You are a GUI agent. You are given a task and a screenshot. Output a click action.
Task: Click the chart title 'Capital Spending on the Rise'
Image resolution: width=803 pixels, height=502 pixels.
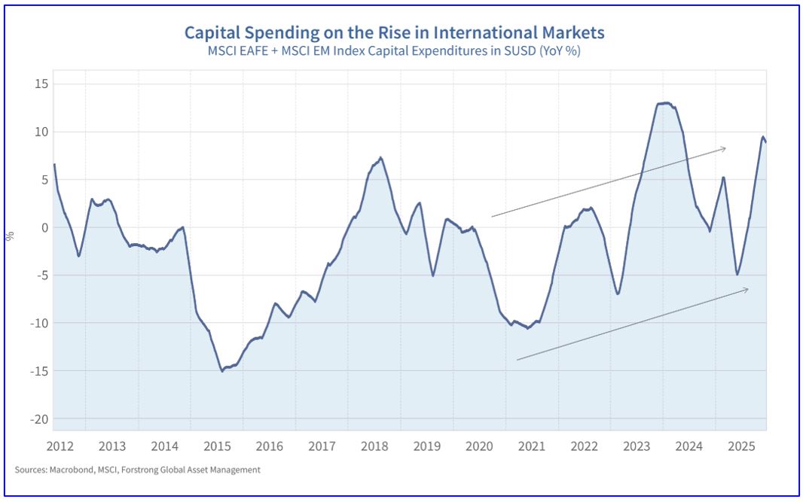click(x=394, y=33)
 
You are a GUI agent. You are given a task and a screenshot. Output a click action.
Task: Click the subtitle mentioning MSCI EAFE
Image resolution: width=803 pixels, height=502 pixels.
click(x=394, y=52)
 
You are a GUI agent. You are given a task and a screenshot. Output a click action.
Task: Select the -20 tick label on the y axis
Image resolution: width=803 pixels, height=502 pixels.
click(x=37, y=418)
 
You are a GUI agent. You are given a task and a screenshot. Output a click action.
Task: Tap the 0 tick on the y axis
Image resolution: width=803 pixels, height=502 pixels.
click(x=44, y=227)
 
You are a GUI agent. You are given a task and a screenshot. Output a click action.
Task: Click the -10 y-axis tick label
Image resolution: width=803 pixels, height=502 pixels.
click(x=37, y=323)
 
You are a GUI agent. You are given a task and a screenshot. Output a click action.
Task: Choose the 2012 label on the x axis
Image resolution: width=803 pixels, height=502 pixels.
click(x=60, y=446)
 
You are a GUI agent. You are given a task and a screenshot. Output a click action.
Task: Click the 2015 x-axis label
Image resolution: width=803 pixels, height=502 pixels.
click(x=217, y=446)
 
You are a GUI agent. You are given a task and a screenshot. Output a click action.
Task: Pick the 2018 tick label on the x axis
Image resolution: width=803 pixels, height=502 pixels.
click(x=374, y=446)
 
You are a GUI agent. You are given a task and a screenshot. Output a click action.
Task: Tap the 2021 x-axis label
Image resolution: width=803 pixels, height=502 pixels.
click(x=532, y=446)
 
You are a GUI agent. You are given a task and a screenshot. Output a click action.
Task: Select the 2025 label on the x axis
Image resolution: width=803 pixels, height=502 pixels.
click(x=741, y=446)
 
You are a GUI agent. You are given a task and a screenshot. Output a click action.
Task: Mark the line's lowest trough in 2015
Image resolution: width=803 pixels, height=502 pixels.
click(x=222, y=370)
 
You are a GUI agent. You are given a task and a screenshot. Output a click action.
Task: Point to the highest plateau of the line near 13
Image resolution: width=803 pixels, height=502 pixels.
click(x=664, y=103)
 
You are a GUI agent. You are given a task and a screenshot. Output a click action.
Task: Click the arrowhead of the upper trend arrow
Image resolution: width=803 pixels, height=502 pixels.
click(x=724, y=148)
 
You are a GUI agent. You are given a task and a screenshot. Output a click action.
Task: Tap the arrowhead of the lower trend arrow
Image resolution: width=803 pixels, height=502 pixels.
click(x=747, y=289)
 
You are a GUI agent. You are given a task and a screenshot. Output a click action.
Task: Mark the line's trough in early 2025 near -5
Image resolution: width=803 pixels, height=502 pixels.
click(x=737, y=274)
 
